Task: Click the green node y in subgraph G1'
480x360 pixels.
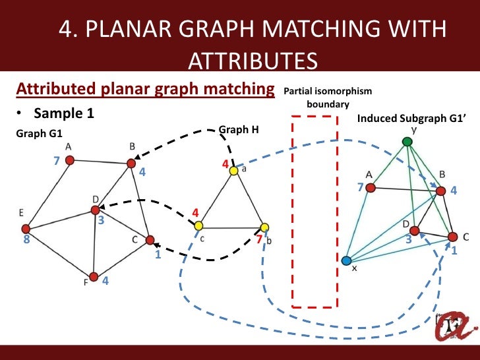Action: click(407, 141)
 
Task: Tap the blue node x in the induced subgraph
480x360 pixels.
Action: click(347, 260)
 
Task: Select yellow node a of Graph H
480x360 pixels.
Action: click(233, 171)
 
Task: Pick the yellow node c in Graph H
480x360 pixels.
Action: click(198, 226)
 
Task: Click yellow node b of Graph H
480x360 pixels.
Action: click(264, 227)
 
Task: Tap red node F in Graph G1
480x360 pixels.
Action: click(94, 276)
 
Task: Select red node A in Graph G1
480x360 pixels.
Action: click(70, 159)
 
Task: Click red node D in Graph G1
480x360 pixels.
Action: click(95, 210)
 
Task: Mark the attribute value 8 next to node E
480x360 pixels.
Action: click(26, 241)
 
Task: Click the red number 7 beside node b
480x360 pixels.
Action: click(259, 239)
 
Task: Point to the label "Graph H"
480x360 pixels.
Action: click(234, 130)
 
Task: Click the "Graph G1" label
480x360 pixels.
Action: click(35, 134)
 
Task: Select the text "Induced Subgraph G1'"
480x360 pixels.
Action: click(402, 119)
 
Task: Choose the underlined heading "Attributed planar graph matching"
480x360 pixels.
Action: click(145, 89)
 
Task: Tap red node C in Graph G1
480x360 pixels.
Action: click(150, 240)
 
